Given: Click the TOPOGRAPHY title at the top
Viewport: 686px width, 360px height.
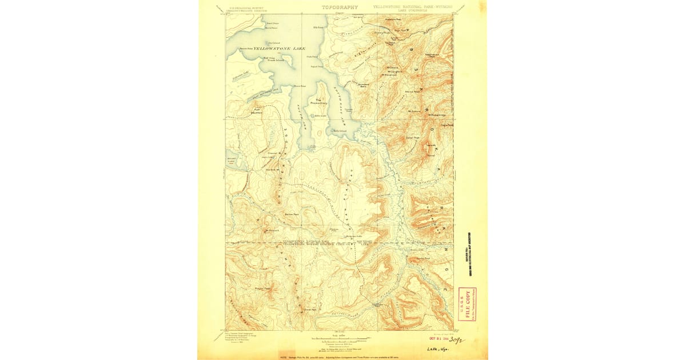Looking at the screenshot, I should pyautogui.click(x=340, y=7).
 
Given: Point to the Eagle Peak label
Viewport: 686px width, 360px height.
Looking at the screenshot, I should pyautogui.click(x=446, y=125).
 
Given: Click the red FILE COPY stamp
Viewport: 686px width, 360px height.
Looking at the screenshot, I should pyautogui.click(x=467, y=302).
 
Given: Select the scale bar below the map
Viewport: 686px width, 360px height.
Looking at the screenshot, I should pyautogui.click(x=340, y=339).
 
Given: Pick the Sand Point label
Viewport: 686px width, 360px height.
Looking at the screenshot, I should pyautogui.click(x=272, y=23).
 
